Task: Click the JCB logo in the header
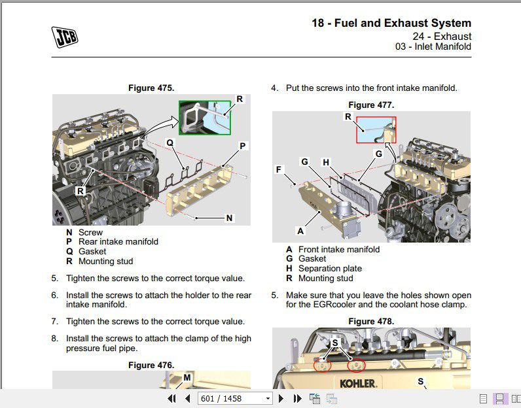point(64,37)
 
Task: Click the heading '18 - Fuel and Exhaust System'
point(391,24)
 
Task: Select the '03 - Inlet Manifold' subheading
point(433,46)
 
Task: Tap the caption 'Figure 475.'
point(151,88)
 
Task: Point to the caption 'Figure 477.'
point(371,105)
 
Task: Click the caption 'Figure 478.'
point(371,321)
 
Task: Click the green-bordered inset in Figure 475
point(205,118)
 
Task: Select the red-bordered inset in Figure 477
point(376,129)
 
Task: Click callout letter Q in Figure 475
point(170,142)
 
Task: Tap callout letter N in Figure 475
point(229,218)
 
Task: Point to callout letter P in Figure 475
point(243,146)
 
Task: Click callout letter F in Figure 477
point(279,169)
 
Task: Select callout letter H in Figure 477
point(326,161)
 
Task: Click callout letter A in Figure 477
point(300,231)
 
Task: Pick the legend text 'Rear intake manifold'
point(118,241)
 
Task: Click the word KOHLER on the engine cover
point(357,383)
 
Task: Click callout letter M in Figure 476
point(187,377)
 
